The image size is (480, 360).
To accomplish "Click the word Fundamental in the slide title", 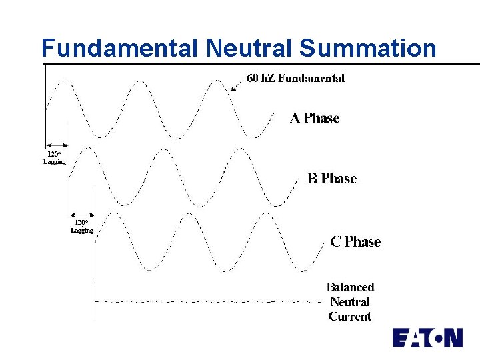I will click(x=120, y=48).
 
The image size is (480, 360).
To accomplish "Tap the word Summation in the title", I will click(x=367, y=48).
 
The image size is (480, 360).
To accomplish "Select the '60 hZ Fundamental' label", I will click(x=296, y=78).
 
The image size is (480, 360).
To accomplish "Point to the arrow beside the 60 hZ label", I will click(x=235, y=86).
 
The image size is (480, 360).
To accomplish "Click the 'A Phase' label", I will click(x=315, y=118).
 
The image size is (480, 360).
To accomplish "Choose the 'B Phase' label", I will click(x=331, y=178).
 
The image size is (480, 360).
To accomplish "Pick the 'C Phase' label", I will click(x=355, y=241).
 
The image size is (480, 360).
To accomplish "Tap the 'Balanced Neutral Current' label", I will click(x=350, y=301).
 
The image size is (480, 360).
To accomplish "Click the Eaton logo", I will click(x=427, y=338).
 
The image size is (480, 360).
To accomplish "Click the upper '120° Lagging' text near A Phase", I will click(x=55, y=158).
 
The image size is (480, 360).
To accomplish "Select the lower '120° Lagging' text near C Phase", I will click(x=81, y=226).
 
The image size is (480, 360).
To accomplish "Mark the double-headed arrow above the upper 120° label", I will click(x=57, y=145).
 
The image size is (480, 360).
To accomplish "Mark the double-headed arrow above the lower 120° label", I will click(x=81, y=214).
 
